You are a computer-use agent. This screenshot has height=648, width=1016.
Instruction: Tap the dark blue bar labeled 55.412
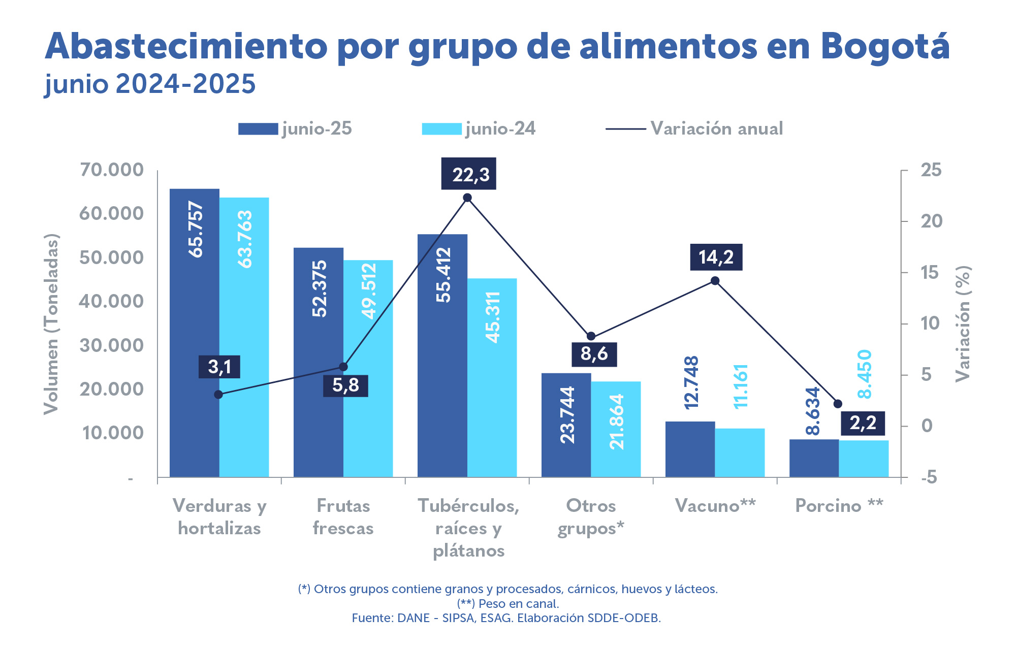[442, 355]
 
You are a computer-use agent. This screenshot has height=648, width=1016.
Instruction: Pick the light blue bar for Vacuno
[740, 452]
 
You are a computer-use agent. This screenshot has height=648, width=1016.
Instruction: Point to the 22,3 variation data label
[468, 174]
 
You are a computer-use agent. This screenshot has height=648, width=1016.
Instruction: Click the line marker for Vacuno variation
[715, 281]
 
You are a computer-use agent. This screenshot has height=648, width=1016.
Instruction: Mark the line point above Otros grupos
[591, 336]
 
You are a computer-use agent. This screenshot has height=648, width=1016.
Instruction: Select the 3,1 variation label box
[219, 367]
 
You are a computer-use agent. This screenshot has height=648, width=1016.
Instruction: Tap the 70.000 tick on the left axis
[112, 170]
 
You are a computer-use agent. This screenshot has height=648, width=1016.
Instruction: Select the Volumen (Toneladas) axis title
[51, 324]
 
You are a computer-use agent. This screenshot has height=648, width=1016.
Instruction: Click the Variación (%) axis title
[962, 324]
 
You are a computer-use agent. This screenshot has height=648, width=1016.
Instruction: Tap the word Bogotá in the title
[884, 47]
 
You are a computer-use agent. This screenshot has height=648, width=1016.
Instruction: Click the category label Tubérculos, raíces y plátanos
[468, 528]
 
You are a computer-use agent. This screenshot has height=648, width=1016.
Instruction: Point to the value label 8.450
[864, 374]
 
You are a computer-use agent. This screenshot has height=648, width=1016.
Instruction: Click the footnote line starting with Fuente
[506, 618]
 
